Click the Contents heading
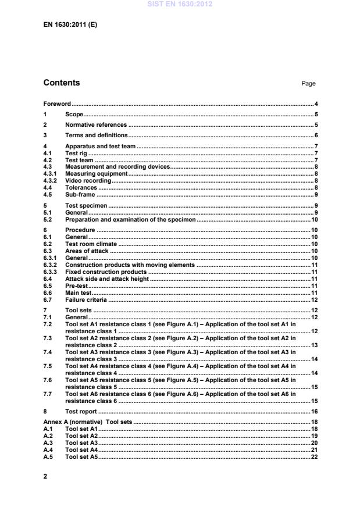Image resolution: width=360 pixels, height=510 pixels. click(62, 83)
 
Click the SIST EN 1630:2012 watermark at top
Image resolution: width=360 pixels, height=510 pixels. click(180, 4)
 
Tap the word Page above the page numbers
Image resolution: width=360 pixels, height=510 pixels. click(308, 84)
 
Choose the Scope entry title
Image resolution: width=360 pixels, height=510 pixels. click(74, 115)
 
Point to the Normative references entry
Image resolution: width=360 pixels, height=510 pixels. click(95, 125)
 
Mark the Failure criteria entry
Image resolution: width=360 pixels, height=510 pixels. click(86, 300)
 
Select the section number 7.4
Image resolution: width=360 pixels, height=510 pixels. click(48, 352)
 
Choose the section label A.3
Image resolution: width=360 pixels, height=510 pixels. click(48, 443)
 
